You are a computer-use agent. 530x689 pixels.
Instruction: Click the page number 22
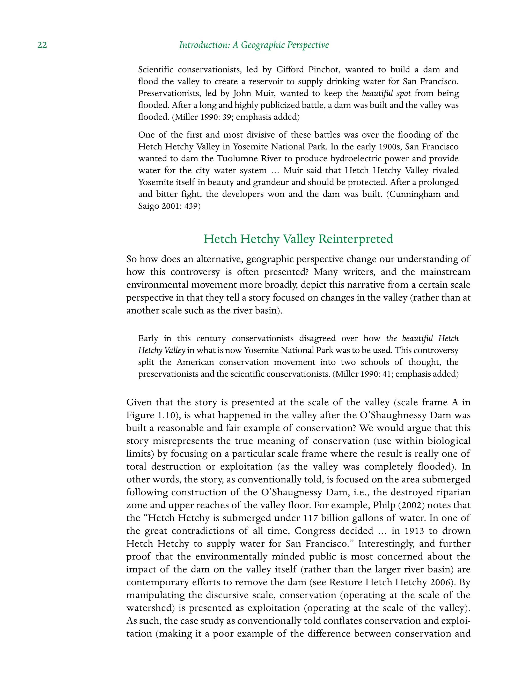click(42, 45)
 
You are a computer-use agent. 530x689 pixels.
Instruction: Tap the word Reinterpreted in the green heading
click(356, 239)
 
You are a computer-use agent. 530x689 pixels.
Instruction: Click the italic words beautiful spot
click(386, 93)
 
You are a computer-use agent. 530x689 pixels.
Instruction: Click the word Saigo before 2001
click(149, 206)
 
